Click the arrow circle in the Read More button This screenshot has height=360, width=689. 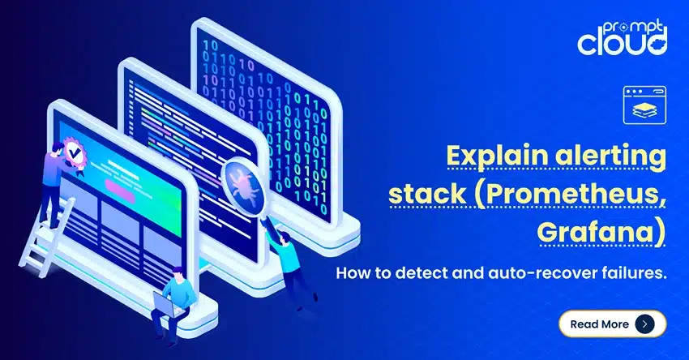click(644, 324)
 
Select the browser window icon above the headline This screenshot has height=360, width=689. click(644, 105)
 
